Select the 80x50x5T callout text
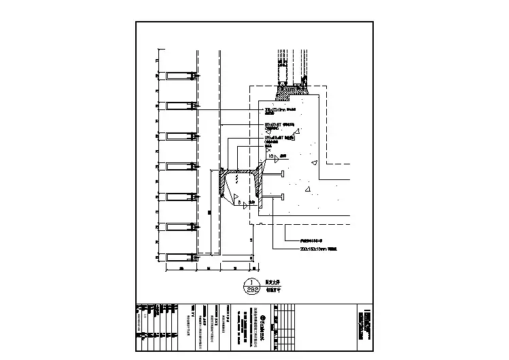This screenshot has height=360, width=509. coord(275,126)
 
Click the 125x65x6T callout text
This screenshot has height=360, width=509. coord(276,139)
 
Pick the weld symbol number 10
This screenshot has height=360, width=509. coord(271,156)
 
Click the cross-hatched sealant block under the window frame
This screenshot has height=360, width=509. coord(292,88)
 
